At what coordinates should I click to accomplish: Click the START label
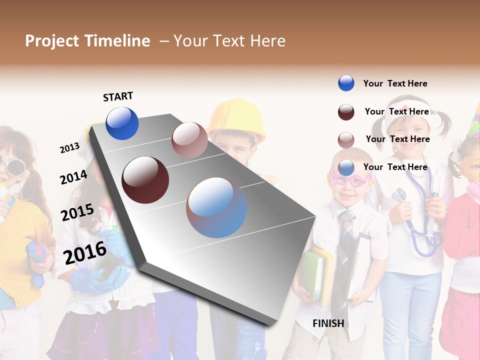pos(118,96)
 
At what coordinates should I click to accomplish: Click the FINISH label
pos(328,323)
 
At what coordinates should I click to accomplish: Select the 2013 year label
pos(69,147)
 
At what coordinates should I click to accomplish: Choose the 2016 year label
pos(85,252)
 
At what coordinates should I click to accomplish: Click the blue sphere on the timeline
pos(122,123)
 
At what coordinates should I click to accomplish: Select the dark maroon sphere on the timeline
pos(145,179)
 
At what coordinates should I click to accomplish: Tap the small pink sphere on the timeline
pos(189,139)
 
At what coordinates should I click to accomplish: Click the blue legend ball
pos(346,83)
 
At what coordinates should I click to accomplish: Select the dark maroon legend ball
pos(346,112)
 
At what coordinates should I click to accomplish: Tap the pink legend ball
pos(346,140)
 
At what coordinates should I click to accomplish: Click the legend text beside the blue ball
pos(395,83)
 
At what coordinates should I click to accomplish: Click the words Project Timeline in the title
pos(87,41)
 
